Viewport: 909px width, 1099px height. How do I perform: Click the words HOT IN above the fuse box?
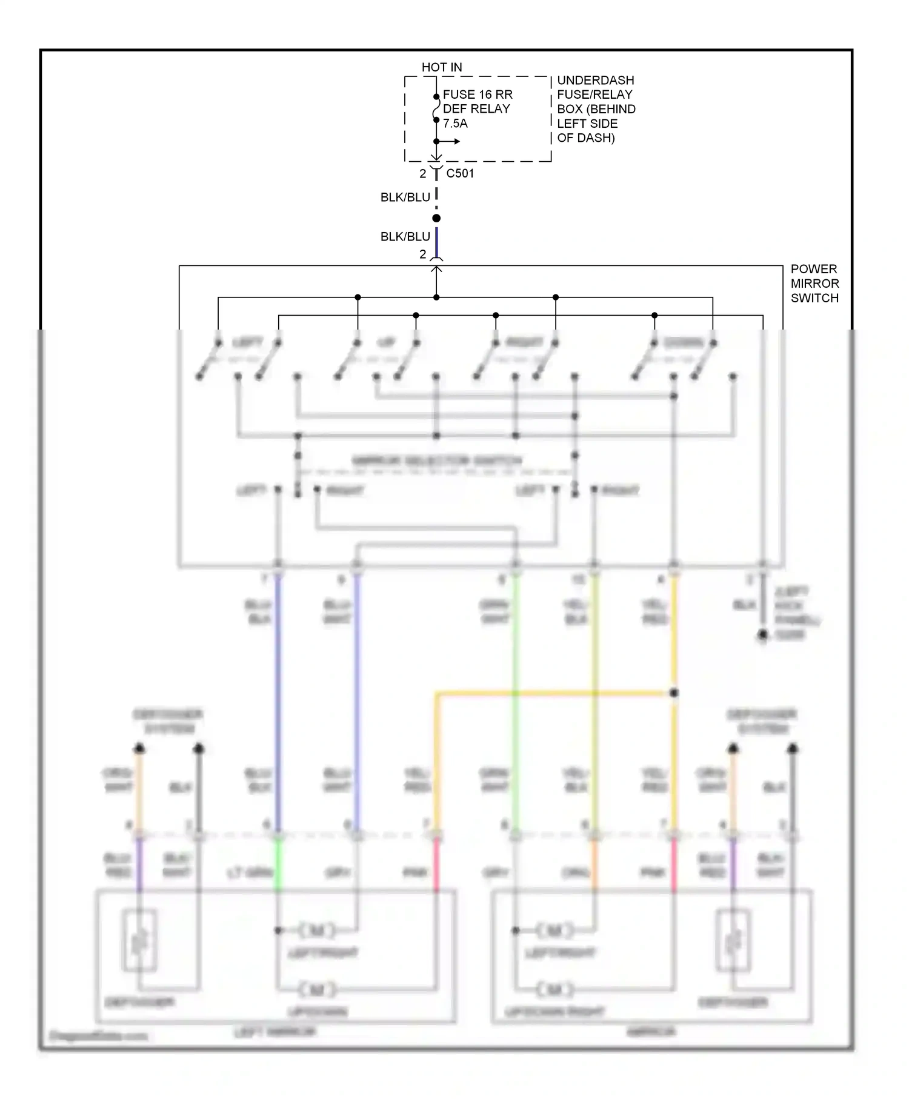(x=442, y=67)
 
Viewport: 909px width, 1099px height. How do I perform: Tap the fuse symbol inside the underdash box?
(x=436, y=109)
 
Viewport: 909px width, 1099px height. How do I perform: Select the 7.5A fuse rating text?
(x=455, y=124)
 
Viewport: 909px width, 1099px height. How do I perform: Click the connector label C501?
(x=460, y=173)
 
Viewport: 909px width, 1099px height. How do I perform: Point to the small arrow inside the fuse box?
(x=451, y=142)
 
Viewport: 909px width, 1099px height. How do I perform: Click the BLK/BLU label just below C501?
(x=405, y=198)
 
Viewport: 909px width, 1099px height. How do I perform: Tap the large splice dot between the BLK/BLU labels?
(x=436, y=218)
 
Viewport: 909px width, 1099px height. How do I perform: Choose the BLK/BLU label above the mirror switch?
(x=405, y=237)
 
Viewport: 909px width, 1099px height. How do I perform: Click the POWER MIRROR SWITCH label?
(x=814, y=284)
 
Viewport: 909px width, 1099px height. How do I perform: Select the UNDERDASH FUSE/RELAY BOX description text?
(x=596, y=109)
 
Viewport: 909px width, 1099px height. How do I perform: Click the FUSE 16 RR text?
(x=478, y=95)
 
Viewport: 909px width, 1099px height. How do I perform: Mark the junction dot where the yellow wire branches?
(x=674, y=693)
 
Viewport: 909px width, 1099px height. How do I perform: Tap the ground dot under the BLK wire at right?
(x=763, y=635)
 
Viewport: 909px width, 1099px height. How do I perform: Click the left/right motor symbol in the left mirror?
(x=316, y=930)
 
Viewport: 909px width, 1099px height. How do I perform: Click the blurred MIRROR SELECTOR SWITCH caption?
(x=436, y=460)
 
